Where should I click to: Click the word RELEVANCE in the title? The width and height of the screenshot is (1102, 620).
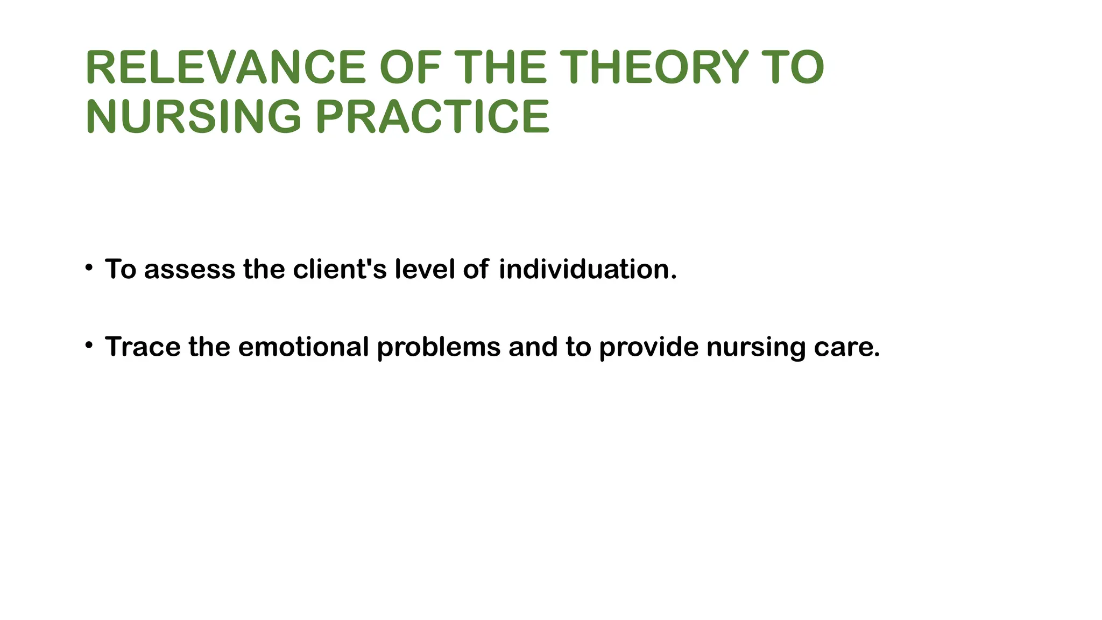pos(225,68)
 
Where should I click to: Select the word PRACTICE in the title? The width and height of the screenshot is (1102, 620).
pos(432,116)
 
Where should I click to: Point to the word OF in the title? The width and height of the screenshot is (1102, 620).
pos(410,68)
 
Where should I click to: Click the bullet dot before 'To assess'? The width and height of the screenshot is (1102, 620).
pos(89,267)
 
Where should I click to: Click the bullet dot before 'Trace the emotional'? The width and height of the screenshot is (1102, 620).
pos(89,345)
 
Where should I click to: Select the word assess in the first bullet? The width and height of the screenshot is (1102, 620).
pos(189,269)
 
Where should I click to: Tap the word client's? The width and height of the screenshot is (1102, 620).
pos(340,269)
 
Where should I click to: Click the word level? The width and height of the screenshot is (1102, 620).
pos(425,269)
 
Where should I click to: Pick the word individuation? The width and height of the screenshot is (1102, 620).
pos(587,269)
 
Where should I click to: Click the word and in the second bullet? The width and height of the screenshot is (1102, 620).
pos(533,347)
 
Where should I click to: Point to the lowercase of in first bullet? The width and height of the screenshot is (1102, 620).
pos(476,269)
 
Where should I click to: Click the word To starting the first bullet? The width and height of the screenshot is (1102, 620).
pos(121,269)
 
